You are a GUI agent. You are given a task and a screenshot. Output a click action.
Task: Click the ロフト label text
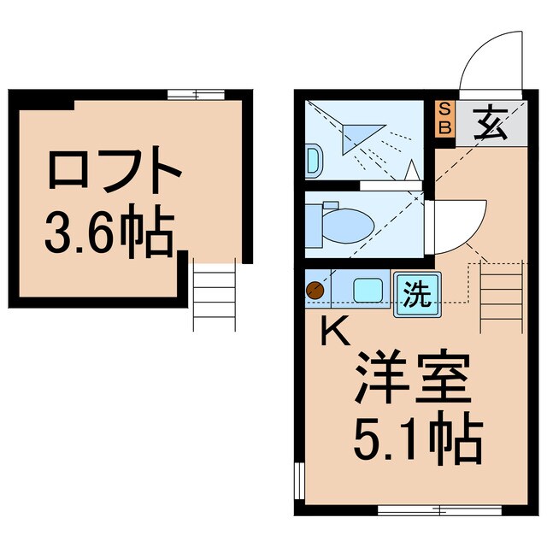pos(115,172)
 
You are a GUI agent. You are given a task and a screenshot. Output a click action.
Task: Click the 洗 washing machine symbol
pos(415,296)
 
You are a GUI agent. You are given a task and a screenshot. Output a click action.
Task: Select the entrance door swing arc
pos(489,60)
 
